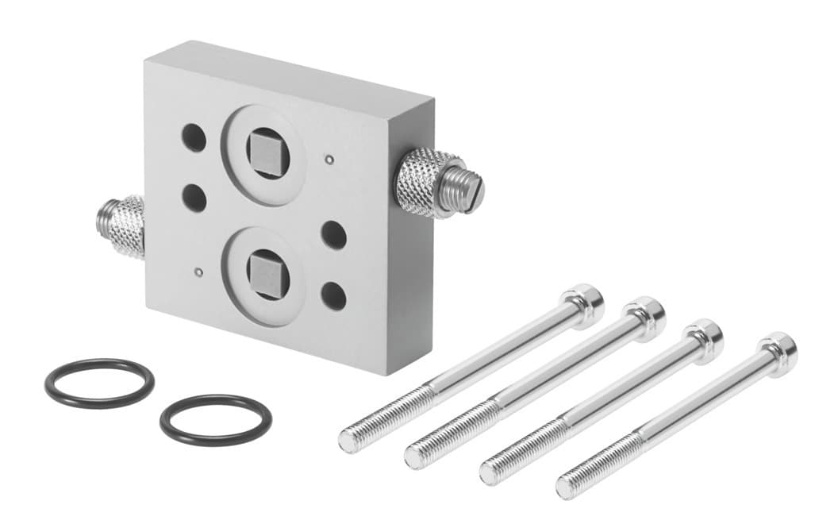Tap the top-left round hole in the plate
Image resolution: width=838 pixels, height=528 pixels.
tap(194, 137)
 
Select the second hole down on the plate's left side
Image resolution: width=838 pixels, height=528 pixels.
tap(194, 196)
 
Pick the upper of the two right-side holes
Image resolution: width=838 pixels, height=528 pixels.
tap(333, 235)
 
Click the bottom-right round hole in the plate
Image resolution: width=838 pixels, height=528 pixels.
tap(333, 295)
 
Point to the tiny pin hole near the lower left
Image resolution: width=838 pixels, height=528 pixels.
tap(198, 272)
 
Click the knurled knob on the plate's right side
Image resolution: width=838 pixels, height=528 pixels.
tap(426, 182)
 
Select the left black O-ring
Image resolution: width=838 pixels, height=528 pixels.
tap(99, 383)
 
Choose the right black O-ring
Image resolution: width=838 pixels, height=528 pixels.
tap(215, 420)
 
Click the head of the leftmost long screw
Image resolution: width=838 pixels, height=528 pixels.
tap(584, 303)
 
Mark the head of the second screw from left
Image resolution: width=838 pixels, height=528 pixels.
tap(644, 315)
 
